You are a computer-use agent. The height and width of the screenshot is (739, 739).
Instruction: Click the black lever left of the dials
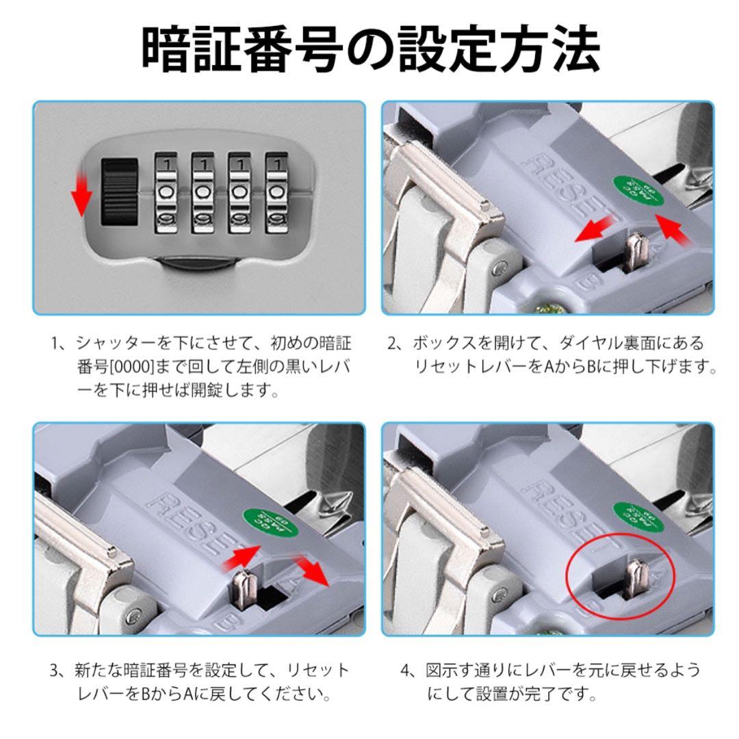click(x=120, y=192)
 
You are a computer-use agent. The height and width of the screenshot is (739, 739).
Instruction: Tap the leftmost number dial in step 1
click(x=166, y=192)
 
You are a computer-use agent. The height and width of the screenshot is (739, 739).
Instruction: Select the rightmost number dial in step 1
click(x=276, y=192)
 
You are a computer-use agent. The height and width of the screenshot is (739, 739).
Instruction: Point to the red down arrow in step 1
click(x=80, y=194)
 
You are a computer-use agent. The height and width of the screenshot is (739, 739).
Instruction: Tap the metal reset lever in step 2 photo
click(x=635, y=252)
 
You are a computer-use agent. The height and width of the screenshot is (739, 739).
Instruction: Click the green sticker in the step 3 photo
click(x=269, y=523)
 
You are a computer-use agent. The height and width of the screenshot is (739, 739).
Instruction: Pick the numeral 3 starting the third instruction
click(x=55, y=670)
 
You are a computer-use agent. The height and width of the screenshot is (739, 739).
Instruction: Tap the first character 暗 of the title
click(x=168, y=49)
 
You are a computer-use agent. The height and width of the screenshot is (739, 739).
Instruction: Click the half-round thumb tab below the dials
click(x=198, y=263)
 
